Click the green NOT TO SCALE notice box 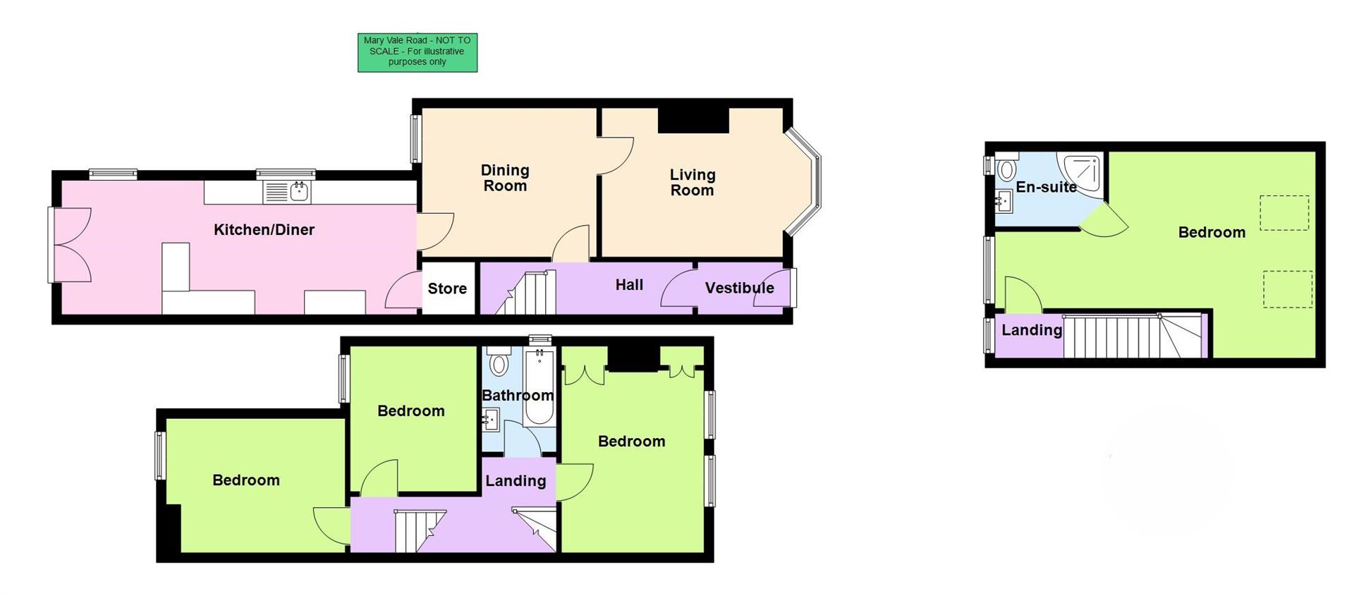tap(417, 53)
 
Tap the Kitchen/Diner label tap(264, 229)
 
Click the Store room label tap(447, 288)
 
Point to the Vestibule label tap(739, 288)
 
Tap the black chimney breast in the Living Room tap(693, 120)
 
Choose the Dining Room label tap(505, 178)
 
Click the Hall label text tap(629, 284)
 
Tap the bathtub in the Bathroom tap(540, 388)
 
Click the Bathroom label tap(517, 396)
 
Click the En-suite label tap(1046, 187)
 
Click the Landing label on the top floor tap(1032, 330)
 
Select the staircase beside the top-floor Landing tap(1128, 336)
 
